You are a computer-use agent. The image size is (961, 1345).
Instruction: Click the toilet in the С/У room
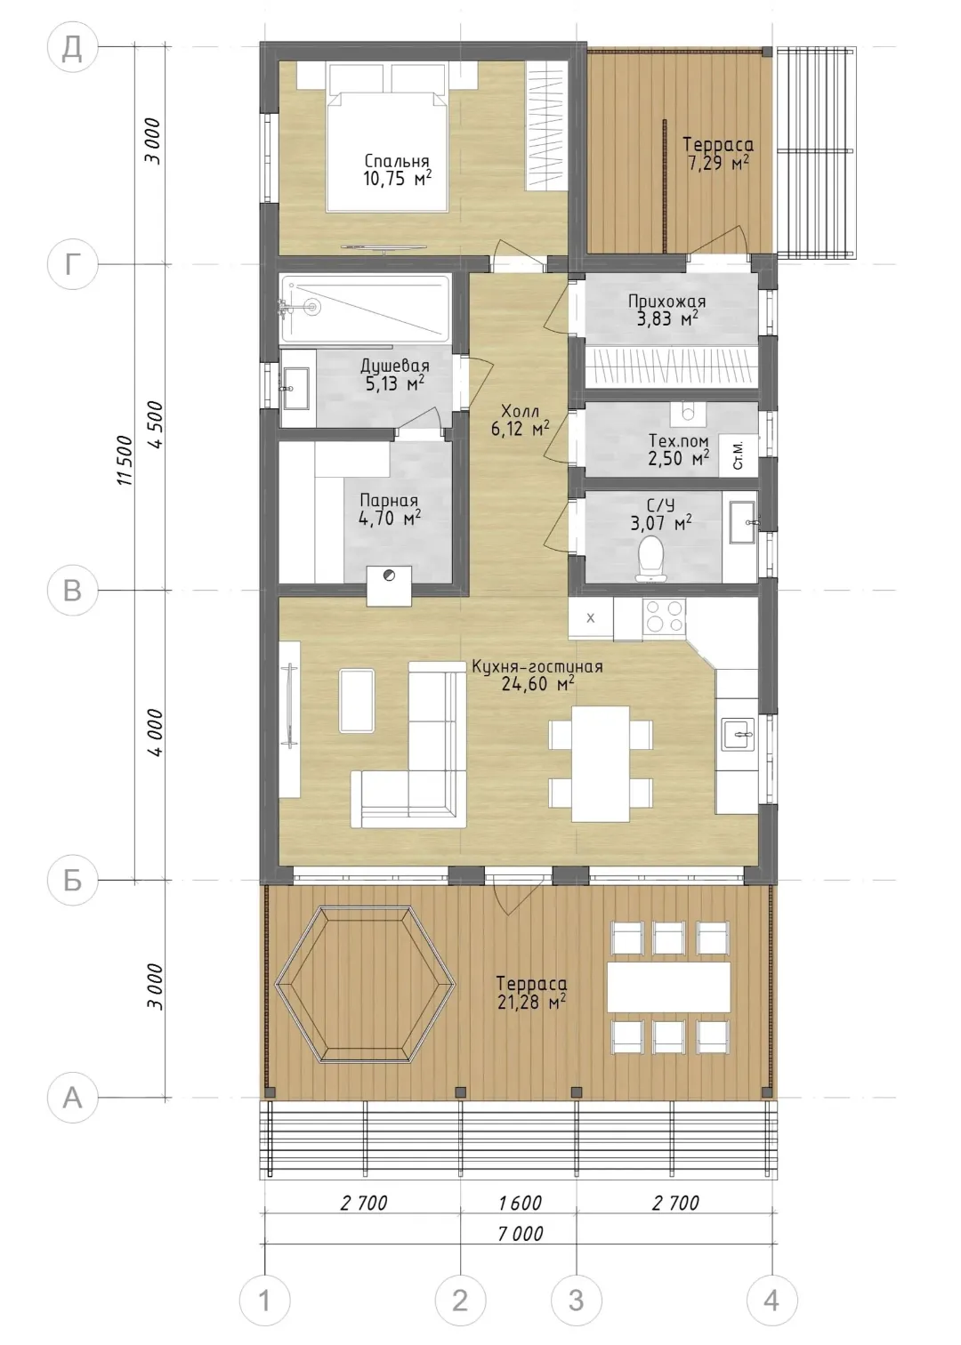(650, 557)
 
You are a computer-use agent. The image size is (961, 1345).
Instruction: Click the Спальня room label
(397, 161)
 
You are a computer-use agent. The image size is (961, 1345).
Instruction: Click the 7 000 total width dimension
(521, 1233)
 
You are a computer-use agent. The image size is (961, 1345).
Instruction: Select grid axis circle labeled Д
(73, 47)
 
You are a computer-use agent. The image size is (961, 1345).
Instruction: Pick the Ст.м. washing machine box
(739, 455)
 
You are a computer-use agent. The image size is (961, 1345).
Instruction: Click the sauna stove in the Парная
(389, 586)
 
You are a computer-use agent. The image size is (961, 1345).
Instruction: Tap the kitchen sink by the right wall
(739, 733)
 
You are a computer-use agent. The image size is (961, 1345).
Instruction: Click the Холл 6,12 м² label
(521, 420)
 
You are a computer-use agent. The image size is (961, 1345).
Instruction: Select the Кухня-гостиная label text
(537, 666)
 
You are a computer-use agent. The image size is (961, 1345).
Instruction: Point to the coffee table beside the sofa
(357, 701)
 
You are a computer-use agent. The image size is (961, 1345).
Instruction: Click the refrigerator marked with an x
(591, 618)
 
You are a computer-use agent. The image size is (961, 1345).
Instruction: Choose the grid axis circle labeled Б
(73, 881)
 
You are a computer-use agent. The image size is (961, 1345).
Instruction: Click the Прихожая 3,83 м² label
(666, 310)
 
